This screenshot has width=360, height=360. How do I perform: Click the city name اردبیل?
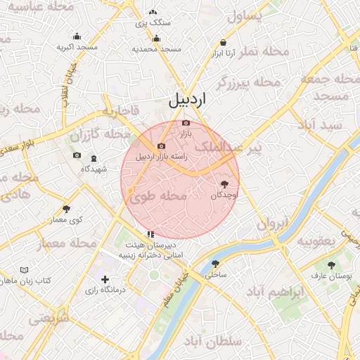coord(189,100)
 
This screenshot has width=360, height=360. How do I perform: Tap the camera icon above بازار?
coord(186,123)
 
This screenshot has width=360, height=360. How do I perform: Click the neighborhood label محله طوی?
coord(158,197)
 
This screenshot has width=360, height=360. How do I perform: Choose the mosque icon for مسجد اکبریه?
coord(77,37)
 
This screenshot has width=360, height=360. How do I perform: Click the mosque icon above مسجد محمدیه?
coord(156,39)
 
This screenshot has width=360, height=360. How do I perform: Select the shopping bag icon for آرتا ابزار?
coord(223,42)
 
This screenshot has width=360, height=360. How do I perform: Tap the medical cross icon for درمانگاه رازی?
coord(105,279)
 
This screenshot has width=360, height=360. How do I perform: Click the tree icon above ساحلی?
coord(215,264)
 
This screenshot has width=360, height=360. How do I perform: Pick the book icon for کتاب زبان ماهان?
coord(25,270)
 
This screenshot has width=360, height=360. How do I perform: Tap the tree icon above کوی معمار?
coord(67,209)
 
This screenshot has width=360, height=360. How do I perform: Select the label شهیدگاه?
coord(94,169)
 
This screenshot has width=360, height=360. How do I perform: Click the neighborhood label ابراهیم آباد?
coord(278,290)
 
